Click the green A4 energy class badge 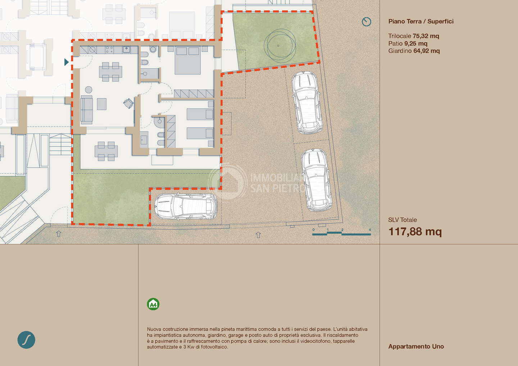tap(153, 304)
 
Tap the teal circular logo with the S tap(26, 340)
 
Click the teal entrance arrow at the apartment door tap(66, 62)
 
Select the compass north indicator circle tap(366, 22)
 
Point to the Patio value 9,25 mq tap(416, 44)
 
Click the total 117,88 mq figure tap(415, 232)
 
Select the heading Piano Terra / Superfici tap(421, 22)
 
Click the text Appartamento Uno tap(416, 346)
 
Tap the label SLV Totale tap(403, 220)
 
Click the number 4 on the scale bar tap(370, 230)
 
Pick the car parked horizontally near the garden tap(186, 206)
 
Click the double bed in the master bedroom tap(187, 60)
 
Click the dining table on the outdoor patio tap(106, 151)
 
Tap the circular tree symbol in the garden tap(280, 46)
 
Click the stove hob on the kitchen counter tap(109, 50)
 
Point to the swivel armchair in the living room tap(128, 103)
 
